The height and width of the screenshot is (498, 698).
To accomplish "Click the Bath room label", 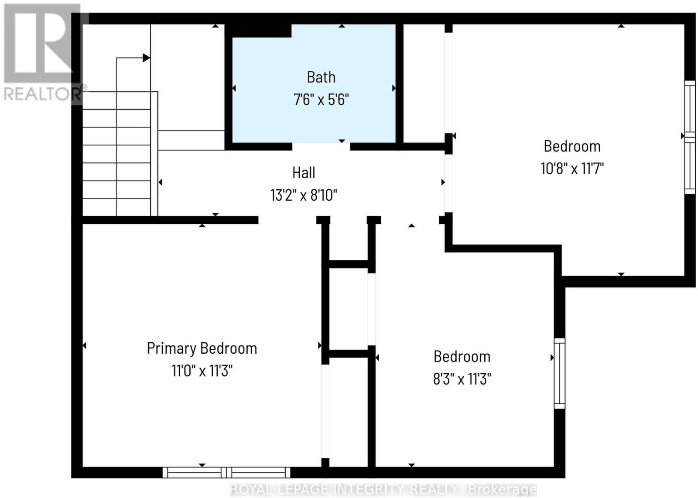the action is tap(321, 77).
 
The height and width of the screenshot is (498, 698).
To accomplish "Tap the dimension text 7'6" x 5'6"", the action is tap(321, 100).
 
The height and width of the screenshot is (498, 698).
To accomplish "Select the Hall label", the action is tap(304, 173).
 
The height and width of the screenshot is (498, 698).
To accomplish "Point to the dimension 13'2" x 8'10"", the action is tap(304, 196).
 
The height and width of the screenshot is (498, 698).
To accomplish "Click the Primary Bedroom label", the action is tap(202, 348).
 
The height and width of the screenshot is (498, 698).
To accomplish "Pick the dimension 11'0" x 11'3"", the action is tap(202, 371).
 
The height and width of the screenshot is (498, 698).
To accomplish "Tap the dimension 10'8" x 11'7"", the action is tap(572, 169).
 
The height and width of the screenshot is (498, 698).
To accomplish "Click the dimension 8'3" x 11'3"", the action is tap(462, 379).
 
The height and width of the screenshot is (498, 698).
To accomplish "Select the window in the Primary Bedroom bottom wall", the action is tap(226, 472).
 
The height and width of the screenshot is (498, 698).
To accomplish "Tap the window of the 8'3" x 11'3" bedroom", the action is tap(560, 373).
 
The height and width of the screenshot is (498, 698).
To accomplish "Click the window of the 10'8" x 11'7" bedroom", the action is tap(690, 137).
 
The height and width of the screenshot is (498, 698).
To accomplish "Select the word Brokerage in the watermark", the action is tap(502, 490).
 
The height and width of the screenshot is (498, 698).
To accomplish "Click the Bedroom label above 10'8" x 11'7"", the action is tap(572, 146).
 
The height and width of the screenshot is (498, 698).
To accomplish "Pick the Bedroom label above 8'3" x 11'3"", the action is tap(462, 357).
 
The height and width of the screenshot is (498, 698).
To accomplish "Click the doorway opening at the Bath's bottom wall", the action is tap(321, 147).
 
